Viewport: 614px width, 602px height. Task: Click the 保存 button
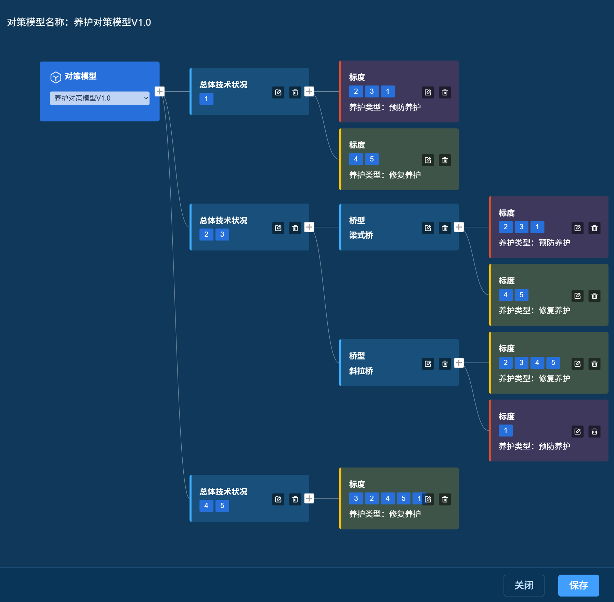coord(578,585)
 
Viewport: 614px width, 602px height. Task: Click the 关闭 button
coord(524,585)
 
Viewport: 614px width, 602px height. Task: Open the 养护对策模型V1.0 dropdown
coord(100,98)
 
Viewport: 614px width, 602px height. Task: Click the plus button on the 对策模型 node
coord(159,91)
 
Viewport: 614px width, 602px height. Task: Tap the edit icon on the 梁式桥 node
coord(428,228)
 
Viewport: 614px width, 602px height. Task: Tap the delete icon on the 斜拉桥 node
coord(445,364)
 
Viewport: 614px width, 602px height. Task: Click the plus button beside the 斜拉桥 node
coord(459,363)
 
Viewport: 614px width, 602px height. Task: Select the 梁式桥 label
coord(361,235)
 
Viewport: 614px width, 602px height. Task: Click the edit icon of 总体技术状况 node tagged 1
coord(278,92)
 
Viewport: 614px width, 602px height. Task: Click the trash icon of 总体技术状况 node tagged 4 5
coord(295,499)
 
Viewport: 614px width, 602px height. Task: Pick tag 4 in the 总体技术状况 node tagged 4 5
coord(206,506)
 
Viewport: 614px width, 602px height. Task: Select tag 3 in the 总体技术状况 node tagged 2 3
coord(222,234)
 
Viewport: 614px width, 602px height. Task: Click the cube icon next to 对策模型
coord(56,77)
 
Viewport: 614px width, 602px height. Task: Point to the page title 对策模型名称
coord(36,22)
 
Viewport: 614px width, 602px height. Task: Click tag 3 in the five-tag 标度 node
coord(356,498)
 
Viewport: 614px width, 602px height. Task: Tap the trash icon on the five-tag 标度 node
coord(445,499)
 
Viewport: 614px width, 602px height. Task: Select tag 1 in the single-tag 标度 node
coord(506,430)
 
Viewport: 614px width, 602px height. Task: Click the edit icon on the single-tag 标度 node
coord(577,431)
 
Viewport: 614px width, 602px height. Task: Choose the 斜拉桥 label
coord(361,371)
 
